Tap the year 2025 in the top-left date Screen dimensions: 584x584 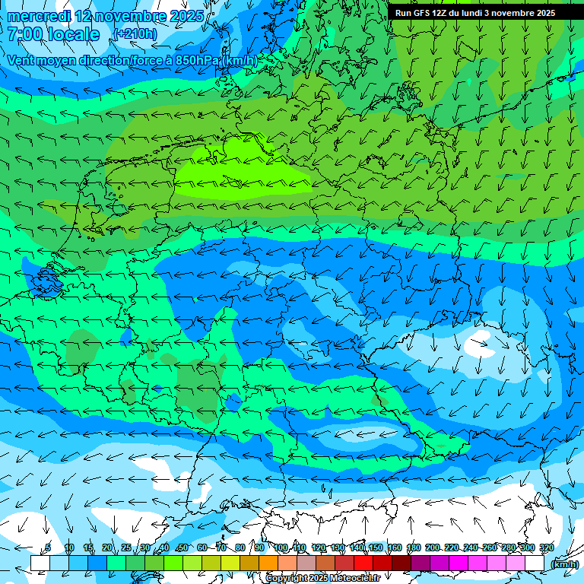186,16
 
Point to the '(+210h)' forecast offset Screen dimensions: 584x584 135,33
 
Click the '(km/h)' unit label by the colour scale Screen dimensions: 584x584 564,564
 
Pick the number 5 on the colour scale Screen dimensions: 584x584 48,548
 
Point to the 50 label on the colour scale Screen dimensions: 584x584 182,548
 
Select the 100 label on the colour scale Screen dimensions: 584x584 281,548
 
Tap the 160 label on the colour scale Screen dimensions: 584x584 395,548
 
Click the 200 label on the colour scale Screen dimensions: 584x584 433,548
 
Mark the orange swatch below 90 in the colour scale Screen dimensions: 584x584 268,563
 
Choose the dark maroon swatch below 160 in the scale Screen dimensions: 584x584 401,563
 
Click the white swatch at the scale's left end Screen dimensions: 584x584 40,563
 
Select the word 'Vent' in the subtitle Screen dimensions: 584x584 22,60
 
